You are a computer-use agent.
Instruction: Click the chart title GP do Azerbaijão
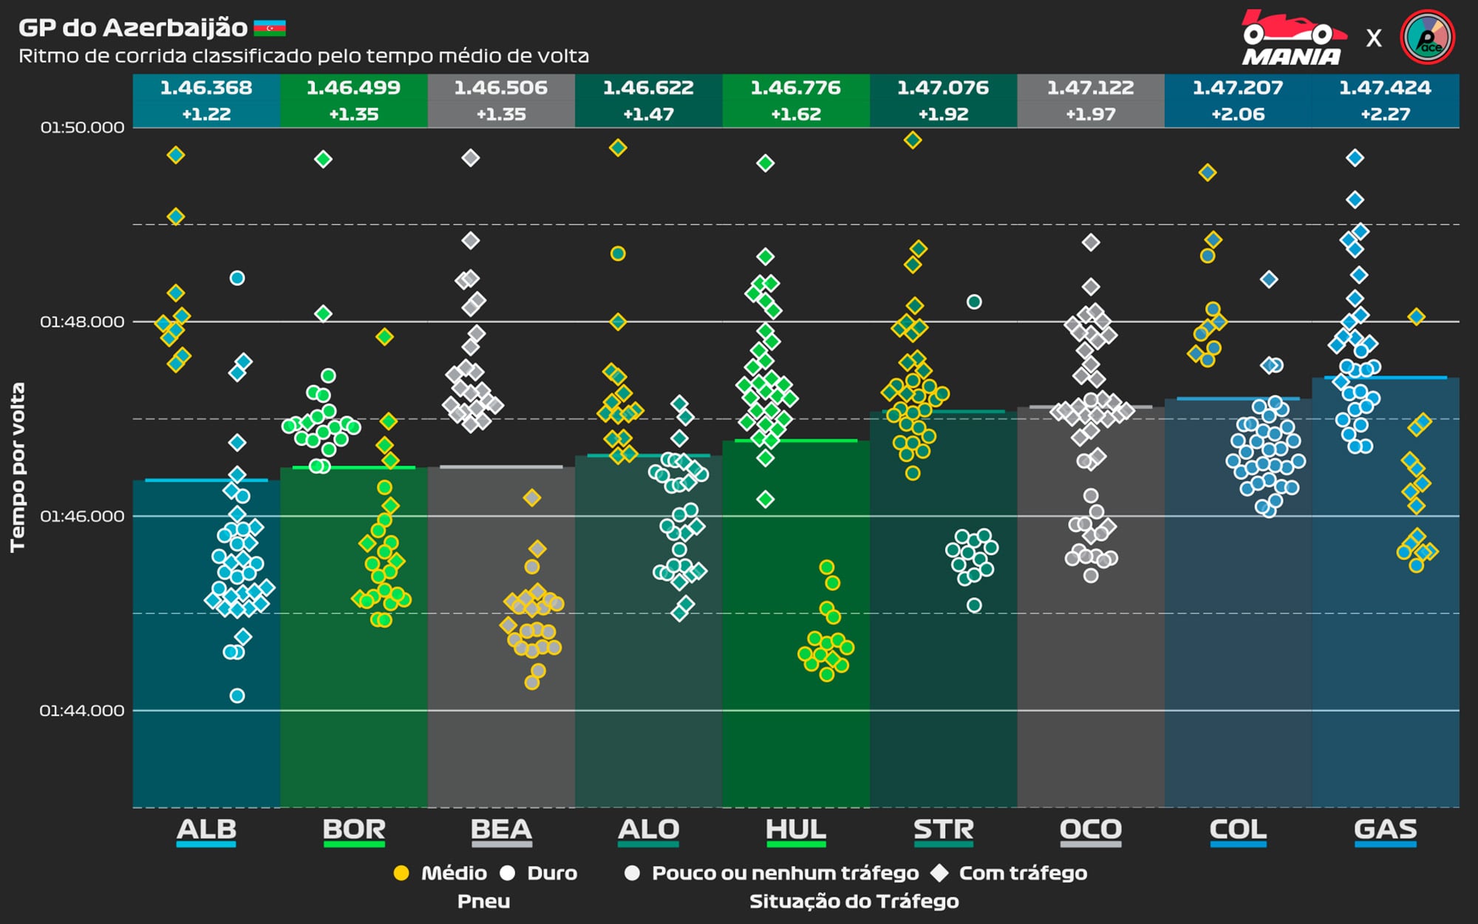tap(133, 28)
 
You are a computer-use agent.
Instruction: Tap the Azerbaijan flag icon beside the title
tap(270, 29)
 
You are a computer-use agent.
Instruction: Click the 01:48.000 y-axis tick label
tap(82, 322)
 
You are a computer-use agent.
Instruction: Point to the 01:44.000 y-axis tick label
tap(82, 710)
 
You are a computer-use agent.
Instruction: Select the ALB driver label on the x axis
tap(206, 829)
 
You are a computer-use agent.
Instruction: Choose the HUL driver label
tap(796, 829)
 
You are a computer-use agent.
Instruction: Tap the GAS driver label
tap(1386, 829)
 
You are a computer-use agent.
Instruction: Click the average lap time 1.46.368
tap(206, 88)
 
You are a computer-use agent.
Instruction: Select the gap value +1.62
tap(796, 115)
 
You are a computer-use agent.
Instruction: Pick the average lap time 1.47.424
tap(1386, 88)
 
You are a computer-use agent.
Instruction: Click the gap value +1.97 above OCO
tap(1091, 115)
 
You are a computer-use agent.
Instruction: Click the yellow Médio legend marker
tap(401, 873)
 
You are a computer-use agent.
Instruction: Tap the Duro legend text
tap(552, 873)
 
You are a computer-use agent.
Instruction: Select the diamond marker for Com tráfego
tap(939, 873)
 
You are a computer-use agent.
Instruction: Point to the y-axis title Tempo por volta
tap(18, 467)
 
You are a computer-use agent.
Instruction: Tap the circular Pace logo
tap(1427, 37)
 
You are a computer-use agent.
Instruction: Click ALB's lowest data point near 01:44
tap(237, 696)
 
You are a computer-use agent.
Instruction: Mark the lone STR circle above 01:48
tap(974, 302)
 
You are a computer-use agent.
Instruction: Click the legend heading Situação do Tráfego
tap(854, 901)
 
